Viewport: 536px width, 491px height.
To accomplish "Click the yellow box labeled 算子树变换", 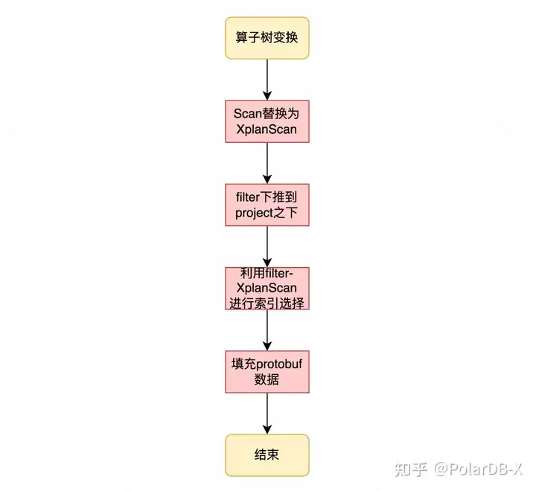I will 267,37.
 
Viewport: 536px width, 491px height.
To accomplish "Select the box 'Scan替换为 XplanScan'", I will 267,122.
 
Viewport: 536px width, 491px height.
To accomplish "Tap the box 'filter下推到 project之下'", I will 267,205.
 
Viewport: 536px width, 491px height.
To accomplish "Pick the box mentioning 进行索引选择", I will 267,289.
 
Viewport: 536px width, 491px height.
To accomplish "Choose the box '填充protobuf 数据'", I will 267,372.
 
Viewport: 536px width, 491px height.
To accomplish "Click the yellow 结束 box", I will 267,455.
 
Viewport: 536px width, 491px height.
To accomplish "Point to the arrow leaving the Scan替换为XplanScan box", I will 267,164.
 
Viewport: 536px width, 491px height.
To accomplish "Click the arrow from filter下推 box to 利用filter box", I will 267,247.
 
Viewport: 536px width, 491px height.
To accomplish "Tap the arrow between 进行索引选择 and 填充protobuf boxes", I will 267,330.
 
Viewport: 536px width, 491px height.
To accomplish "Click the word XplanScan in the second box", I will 267,130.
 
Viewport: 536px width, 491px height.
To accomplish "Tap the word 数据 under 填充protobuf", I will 267,380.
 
